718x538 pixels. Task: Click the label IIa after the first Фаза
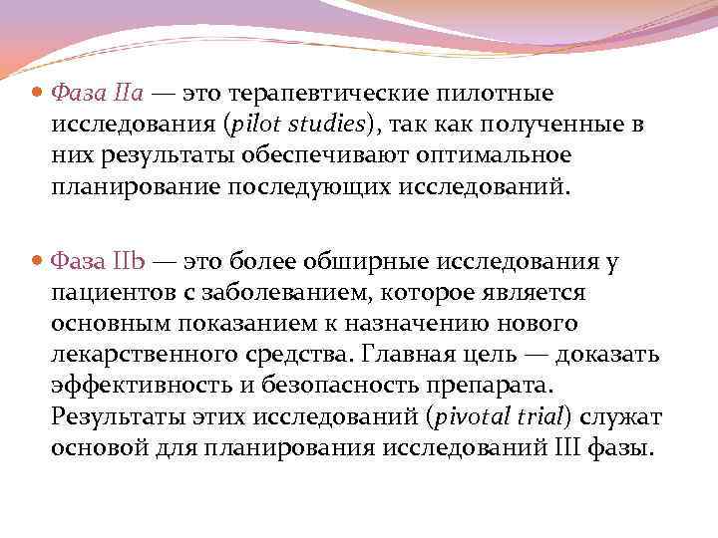(x=131, y=94)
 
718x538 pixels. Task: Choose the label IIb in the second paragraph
(x=131, y=263)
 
